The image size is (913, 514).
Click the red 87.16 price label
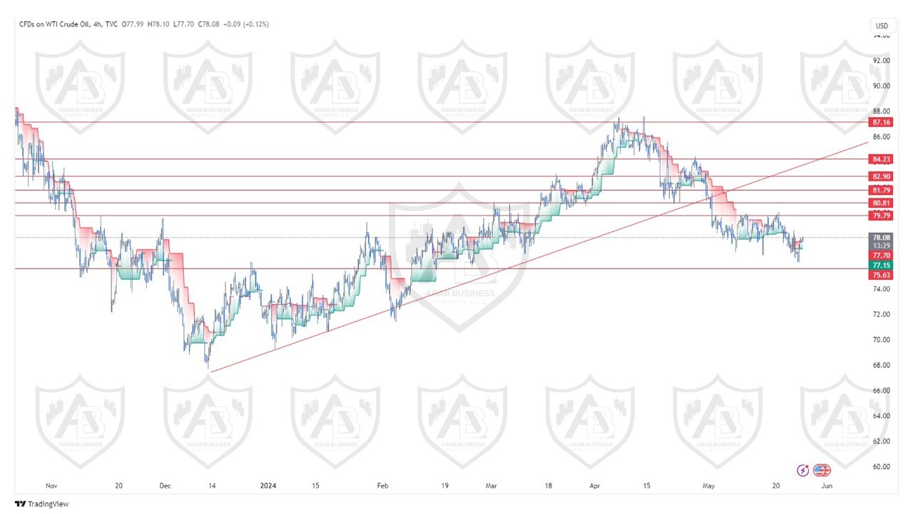click(881, 123)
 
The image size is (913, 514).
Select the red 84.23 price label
click(881, 159)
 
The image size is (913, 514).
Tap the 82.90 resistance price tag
click(881, 176)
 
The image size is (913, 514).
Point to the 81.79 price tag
click(881, 190)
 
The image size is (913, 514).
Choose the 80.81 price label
click(881, 203)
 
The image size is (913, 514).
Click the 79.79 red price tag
click(881, 216)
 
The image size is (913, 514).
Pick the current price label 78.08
click(881, 237)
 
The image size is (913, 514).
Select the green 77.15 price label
click(881, 265)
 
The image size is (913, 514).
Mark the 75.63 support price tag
click(881, 275)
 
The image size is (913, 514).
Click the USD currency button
click(882, 26)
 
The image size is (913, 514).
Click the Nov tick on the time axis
click(51, 486)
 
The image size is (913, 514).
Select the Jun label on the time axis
click(826, 486)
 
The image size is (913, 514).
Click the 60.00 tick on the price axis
click(882, 467)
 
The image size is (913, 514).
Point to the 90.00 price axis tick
click(882, 86)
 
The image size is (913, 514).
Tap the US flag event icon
click(822, 470)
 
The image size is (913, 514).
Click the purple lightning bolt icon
click(804, 470)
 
